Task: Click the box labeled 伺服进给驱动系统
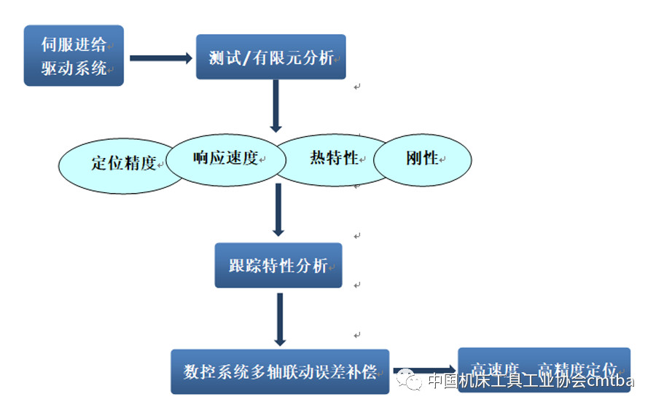tap(74, 55)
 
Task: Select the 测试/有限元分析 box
tap(270, 57)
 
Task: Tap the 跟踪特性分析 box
tap(278, 265)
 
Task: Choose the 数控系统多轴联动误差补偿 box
tap(280, 371)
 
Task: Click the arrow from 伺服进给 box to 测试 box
tap(160, 58)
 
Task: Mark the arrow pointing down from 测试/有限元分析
tap(276, 106)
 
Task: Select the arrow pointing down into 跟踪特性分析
tap(278, 210)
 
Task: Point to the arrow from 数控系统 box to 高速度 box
tap(423, 371)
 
